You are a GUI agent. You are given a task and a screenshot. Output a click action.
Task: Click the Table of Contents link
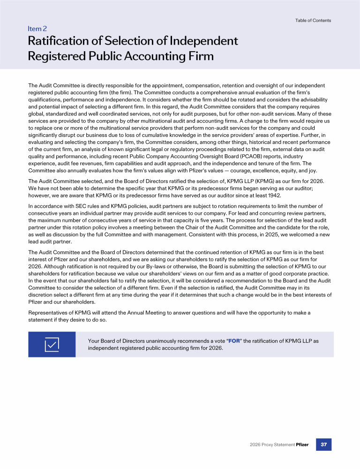pyautogui.click(x=313, y=21)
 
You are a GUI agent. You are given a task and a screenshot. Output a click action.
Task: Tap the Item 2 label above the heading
pyautogui.click(x=37, y=29)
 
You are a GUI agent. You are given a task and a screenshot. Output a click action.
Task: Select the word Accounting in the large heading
pyautogui.click(x=150, y=56)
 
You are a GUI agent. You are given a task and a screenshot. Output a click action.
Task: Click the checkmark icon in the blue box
pyautogui.click(x=52, y=344)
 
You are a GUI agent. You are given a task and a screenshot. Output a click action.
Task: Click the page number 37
pyautogui.click(x=323, y=444)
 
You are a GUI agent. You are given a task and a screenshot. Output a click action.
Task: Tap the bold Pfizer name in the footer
pyautogui.click(x=302, y=445)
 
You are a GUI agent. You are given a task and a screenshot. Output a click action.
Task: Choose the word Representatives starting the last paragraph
pyautogui.click(x=48, y=312)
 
